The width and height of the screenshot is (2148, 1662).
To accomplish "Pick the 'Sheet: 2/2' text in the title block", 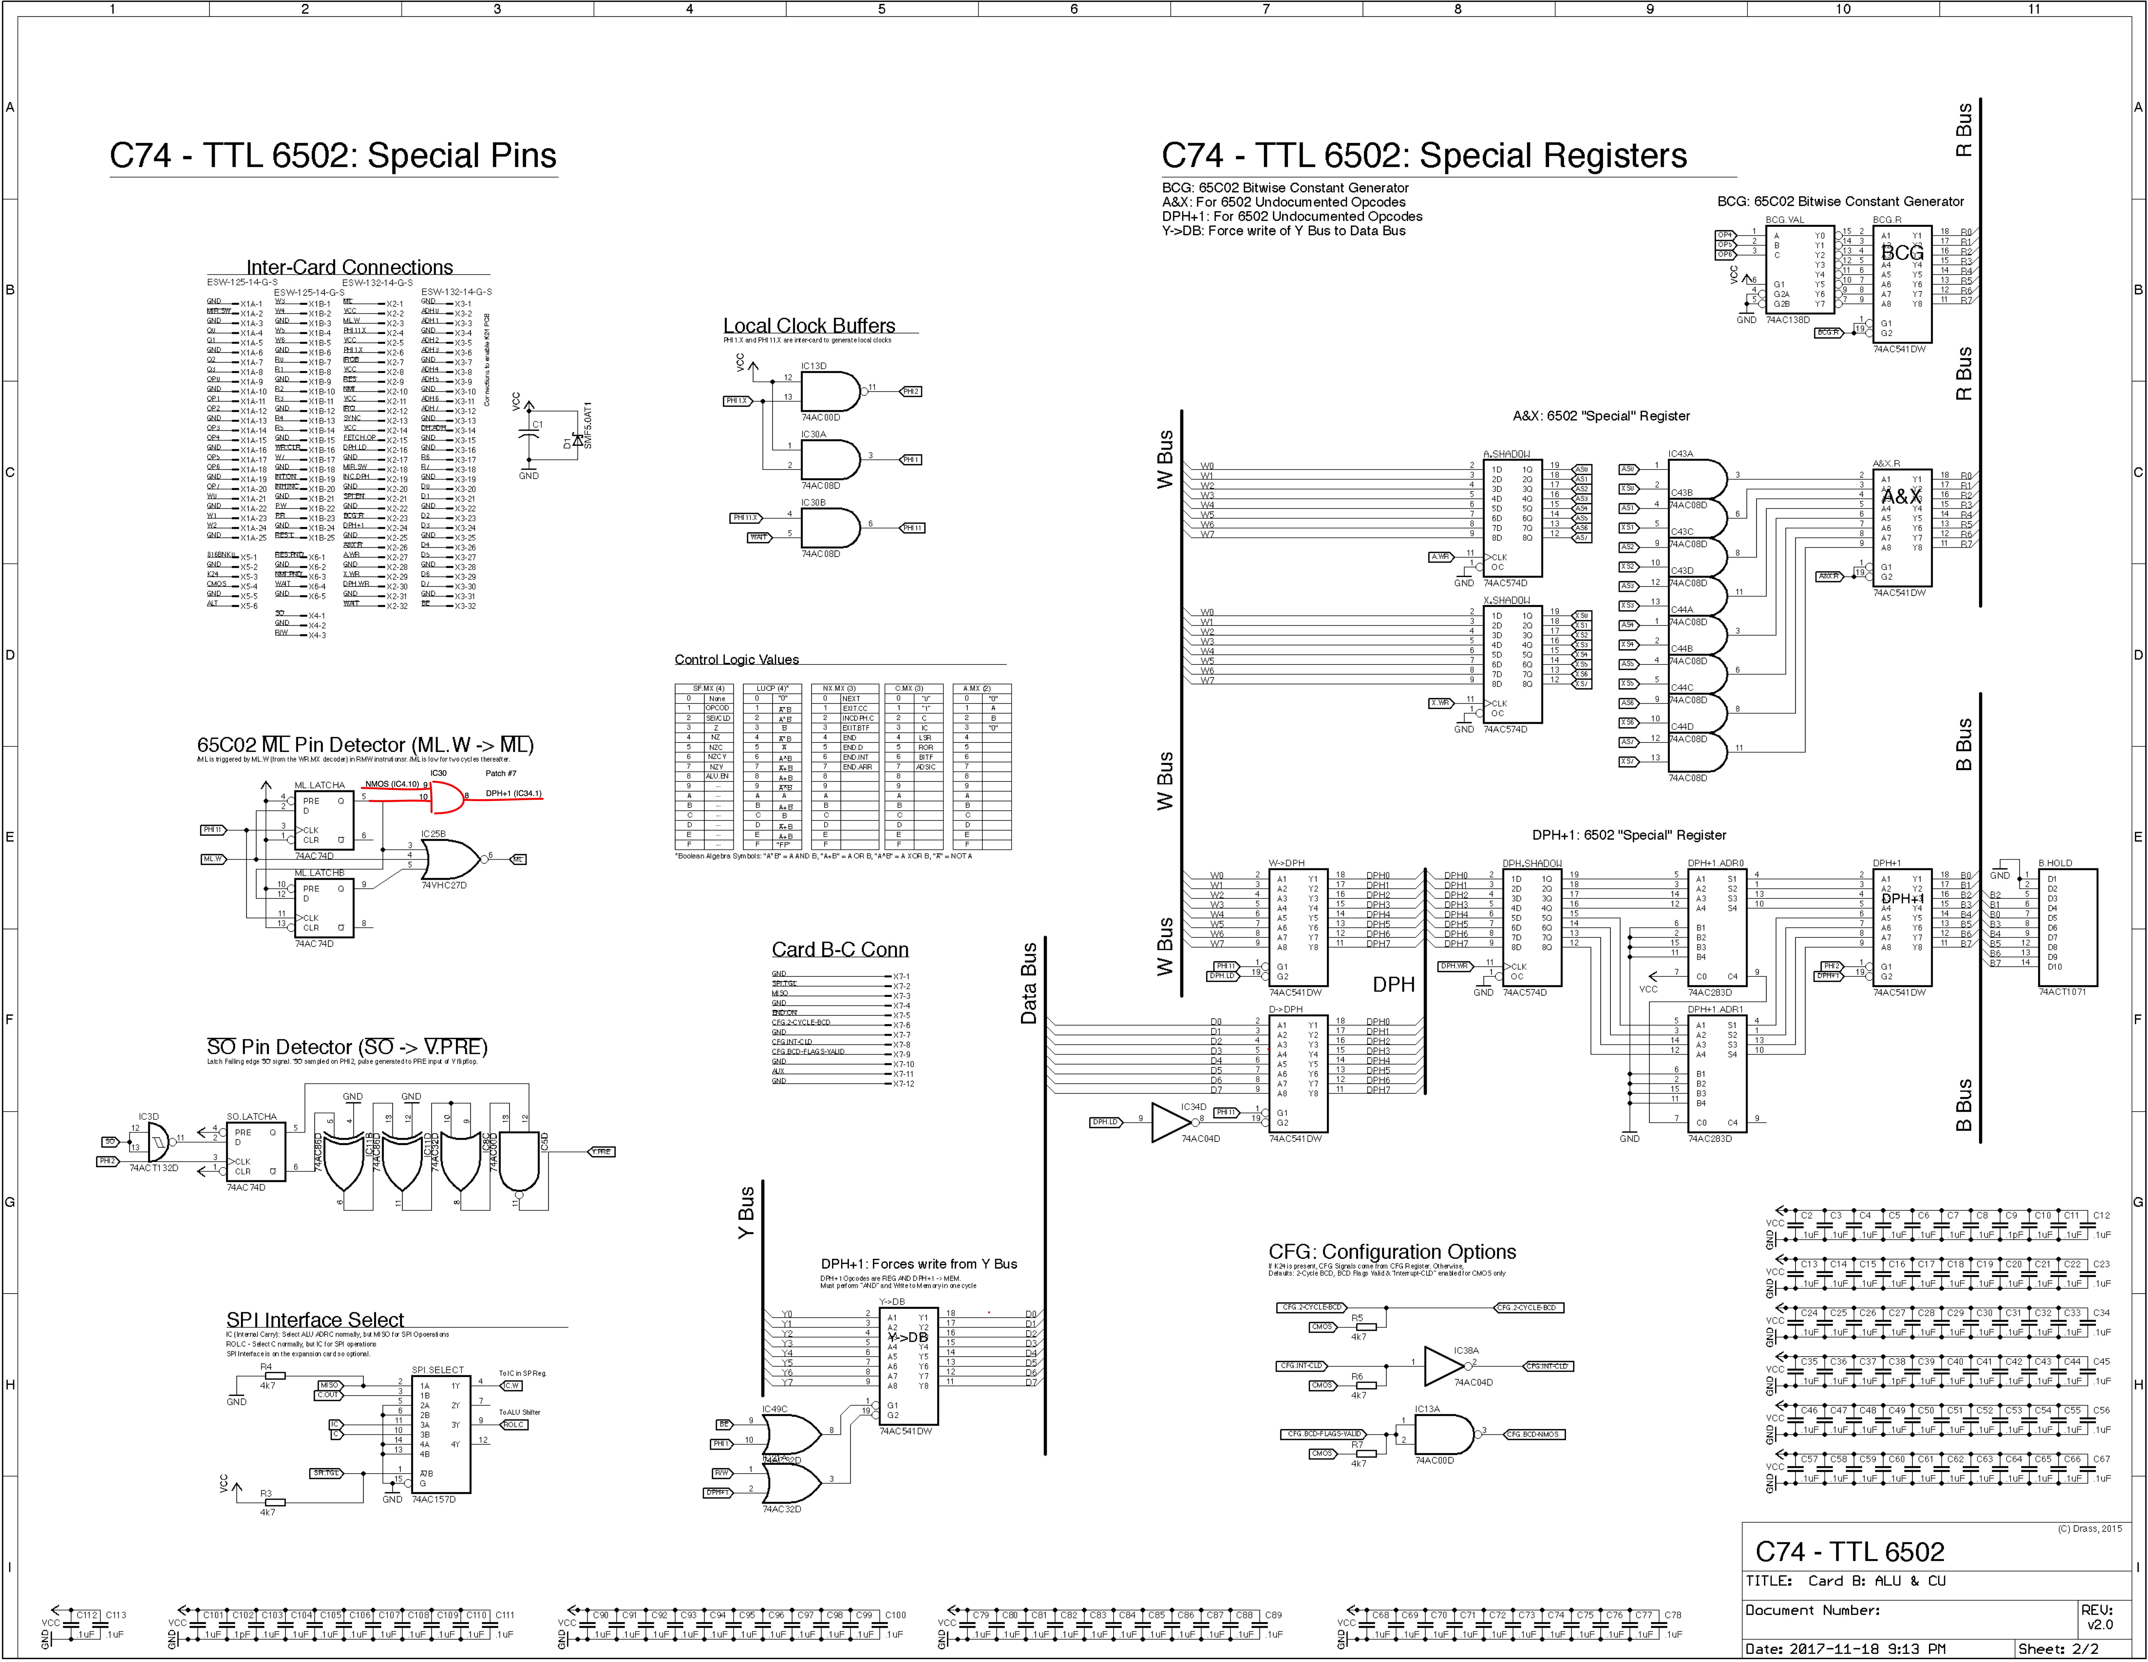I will click(x=2058, y=1648).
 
